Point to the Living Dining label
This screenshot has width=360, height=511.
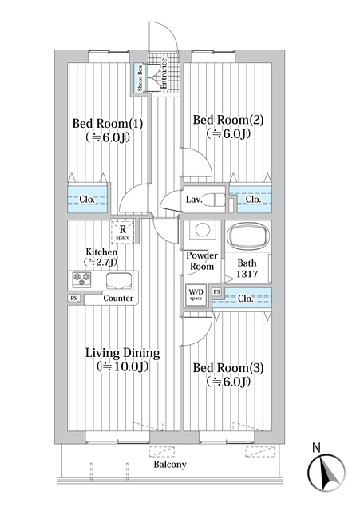click(123, 359)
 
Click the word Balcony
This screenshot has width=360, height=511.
click(169, 465)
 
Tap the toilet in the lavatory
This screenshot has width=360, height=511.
click(217, 200)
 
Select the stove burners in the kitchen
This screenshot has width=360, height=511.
click(81, 279)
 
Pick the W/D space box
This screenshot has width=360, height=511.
click(196, 295)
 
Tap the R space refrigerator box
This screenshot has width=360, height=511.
click(122, 230)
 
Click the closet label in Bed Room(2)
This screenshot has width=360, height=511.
click(253, 199)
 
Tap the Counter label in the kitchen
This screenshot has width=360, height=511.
click(119, 299)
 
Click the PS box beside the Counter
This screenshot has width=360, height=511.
click(73, 299)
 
